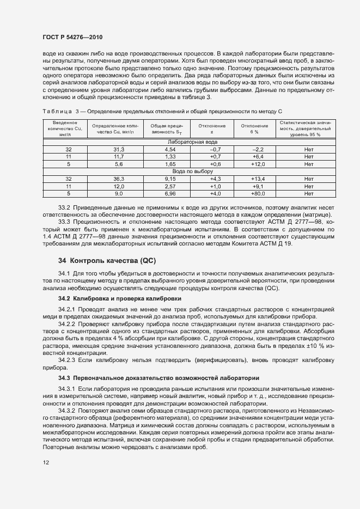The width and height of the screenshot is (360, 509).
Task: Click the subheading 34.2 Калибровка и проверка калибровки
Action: [x=120, y=299]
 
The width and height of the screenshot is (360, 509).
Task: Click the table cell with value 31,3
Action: [x=119, y=149]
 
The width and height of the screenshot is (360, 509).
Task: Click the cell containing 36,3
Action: [x=119, y=179]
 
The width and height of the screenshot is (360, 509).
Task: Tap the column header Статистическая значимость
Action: [x=309, y=129]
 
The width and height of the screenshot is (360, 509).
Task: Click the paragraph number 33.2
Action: [x=65, y=208]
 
